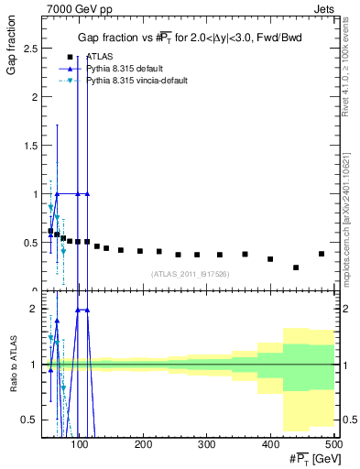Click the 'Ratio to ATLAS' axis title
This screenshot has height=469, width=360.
pos(12,365)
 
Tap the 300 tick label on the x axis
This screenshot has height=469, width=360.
pos(206,444)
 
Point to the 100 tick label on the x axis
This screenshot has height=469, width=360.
pos(80,444)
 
